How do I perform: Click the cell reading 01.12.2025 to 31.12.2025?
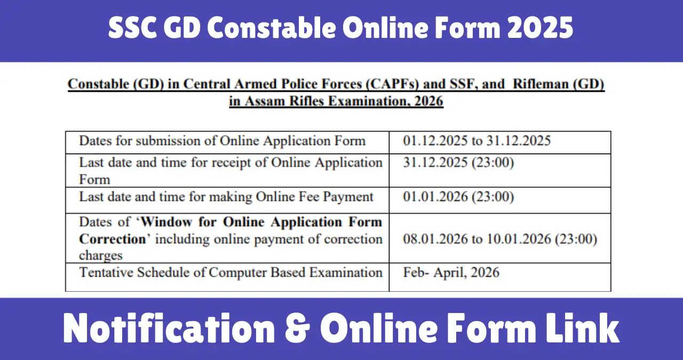tap(477, 141)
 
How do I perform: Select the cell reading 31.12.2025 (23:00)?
tap(458, 162)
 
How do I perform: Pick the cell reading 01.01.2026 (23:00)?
tap(458, 197)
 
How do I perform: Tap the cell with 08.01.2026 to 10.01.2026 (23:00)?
tap(500, 238)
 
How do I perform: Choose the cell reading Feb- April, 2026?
tap(451, 272)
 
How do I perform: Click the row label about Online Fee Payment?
tap(226, 197)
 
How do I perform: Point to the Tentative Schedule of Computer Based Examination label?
tap(231, 272)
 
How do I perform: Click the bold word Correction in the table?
tap(112, 239)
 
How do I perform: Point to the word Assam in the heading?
tap(265, 101)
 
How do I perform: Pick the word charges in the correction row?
tap(101, 255)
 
